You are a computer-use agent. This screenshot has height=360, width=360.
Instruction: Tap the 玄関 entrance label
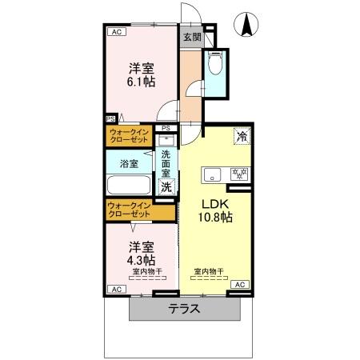click(191, 37)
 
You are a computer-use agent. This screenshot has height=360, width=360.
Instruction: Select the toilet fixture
click(215, 65)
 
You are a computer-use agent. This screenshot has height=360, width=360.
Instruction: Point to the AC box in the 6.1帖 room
click(115, 32)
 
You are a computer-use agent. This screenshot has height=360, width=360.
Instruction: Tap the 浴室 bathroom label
click(129, 163)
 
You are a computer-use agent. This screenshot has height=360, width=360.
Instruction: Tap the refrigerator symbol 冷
click(241, 137)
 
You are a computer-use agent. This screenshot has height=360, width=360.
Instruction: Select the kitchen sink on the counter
click(214, 173)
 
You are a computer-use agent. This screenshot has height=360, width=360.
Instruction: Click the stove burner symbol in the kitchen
click(238, 173)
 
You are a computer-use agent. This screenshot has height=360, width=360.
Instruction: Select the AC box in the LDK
click(238, 285)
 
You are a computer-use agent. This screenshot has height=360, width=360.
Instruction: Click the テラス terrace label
click(183, 309)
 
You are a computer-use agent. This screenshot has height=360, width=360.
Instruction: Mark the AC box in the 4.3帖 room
click(115, 289)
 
